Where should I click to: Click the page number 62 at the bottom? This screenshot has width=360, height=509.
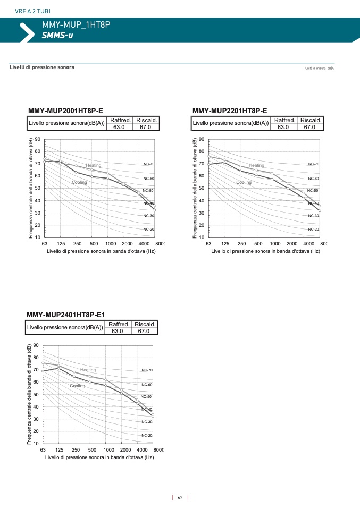point(180,498)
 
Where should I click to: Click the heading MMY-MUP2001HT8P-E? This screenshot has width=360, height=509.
point(65,111)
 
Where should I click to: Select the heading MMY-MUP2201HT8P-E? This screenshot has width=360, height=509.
point(230,111)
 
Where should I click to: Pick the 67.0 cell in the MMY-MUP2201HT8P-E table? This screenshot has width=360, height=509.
point(309,127)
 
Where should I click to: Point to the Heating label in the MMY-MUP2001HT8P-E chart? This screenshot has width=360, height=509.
point(94,165)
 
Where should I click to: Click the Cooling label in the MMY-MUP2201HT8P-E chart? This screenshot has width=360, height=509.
point(244,182)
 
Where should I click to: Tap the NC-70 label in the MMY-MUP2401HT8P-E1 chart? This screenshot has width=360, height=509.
point(147,370)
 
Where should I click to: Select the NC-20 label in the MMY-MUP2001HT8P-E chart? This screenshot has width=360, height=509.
point(148,229)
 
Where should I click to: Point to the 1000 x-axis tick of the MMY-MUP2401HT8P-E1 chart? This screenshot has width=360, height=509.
point(106,450)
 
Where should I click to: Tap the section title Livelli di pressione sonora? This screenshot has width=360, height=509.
point(42,67)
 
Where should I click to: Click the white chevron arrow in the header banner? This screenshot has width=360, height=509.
point(26,31)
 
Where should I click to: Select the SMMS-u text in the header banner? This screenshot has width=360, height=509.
point(57,36)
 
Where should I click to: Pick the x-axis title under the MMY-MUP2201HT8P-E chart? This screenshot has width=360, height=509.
point(265,251)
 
